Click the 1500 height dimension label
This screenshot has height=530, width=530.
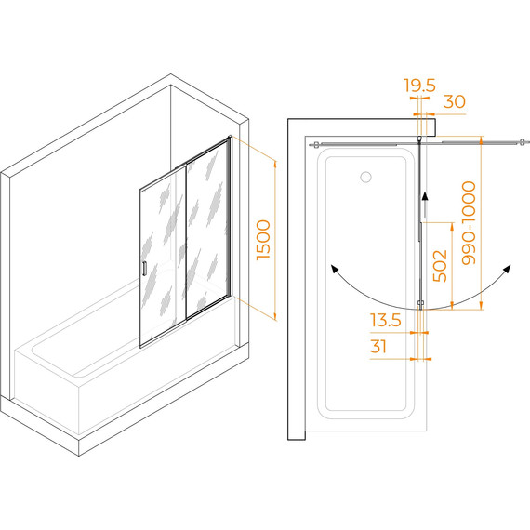point(264,240)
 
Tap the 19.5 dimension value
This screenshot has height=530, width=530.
point(420,86)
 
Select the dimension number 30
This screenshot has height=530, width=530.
point(455,101)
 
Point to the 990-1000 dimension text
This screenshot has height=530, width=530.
point(469,223)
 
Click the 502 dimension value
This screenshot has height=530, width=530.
point(440,266)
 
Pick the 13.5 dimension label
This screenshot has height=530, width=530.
point(386,320)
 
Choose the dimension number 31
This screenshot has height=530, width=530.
point(378,347)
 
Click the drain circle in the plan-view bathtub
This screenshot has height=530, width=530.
point(365,177)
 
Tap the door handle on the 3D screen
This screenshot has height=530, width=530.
point(144,269)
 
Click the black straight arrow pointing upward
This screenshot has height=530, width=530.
point(425,205)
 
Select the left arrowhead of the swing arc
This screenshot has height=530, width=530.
point(335,269)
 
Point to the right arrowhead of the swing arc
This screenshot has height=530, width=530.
point(507,269)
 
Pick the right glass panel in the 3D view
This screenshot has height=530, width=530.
point(208,228)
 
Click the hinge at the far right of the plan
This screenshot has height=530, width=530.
point(523,142)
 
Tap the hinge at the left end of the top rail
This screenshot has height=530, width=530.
point(315,145)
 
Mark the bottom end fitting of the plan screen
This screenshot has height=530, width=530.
point(421,304)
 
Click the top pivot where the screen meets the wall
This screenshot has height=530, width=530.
point(419,139)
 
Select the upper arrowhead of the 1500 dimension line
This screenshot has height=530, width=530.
point(275,165)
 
